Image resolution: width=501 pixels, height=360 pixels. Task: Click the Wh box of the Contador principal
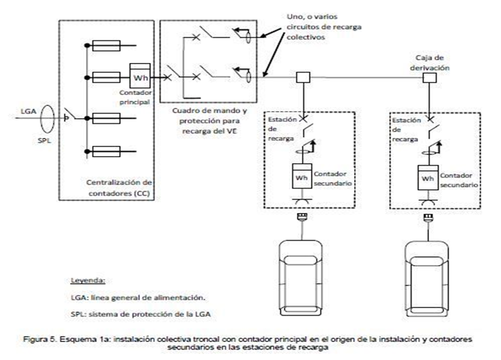pyautogui.click(x=140, y=76)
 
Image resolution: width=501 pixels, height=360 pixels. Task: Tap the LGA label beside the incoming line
pyautogui.click(x=28, y=112)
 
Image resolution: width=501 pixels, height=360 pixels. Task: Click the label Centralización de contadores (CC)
pyautogui.click(x=119, y=187)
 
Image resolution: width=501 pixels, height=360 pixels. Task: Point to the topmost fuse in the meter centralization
pyautogui.click(x=107, y=46)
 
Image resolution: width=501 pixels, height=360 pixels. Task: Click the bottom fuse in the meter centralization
pyautogui.click(x=107, y=151)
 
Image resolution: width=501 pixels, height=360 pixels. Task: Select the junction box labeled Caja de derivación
pyautogui.click(x=430, y=78)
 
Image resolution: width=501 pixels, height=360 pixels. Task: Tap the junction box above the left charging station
pyautogui.click(x=303, y=77)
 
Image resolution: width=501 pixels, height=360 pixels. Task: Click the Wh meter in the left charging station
pyautogui.click(x=302, y=176)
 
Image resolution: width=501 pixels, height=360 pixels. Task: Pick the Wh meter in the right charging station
pyautogui.click(x=428, y=178)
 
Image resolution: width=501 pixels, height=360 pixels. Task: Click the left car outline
pyautogui.click(x=301, y=278)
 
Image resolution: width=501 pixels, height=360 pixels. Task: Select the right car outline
pyautogui.click(x=426, y=279)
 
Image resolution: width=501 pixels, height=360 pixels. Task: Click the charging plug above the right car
pyautogui.click(x=428, y=218)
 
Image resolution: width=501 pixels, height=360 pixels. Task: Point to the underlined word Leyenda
pyautogui.click(x=88, y=280)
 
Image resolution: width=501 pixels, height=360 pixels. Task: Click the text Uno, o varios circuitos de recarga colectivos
pyautogui.click(x=324, y=27)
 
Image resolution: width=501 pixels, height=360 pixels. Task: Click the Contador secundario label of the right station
pyautogui.click(x=459, y=180)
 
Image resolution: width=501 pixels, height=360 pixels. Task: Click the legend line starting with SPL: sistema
pyautogui.click(x=141, y=314)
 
